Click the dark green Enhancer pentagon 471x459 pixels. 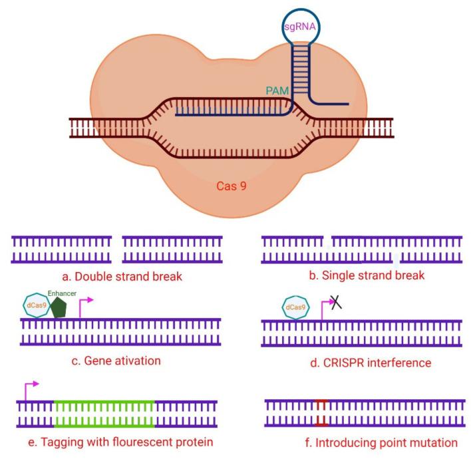click(x=60, y=307)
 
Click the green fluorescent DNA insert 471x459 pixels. click(x=104, y=413)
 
